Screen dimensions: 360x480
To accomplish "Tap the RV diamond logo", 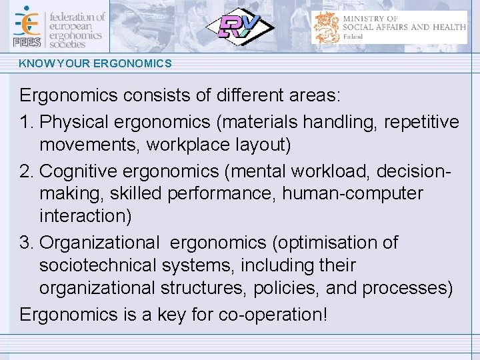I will pyautogui.click(x=239, y=27).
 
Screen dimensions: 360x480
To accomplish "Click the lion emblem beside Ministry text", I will pyautogui.click(x=327, y=27).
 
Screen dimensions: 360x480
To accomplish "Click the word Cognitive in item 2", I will pyautogui.click(x=82, y=171).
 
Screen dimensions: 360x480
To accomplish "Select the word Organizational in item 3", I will pyautogui.click(x=100, y=243).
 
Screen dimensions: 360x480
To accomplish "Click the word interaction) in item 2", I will pyautogui.click(x=85, y=216).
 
